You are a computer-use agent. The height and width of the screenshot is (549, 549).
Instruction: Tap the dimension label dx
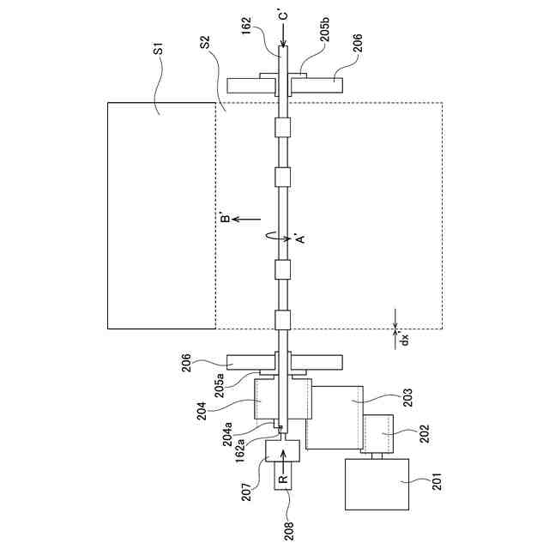405,340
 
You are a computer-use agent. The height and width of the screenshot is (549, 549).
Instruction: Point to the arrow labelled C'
283,27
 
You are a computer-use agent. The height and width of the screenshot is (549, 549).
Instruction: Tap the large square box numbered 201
377,485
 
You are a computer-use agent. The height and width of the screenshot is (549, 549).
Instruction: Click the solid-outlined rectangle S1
161,214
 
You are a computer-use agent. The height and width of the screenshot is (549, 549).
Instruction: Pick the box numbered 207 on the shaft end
282,449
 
